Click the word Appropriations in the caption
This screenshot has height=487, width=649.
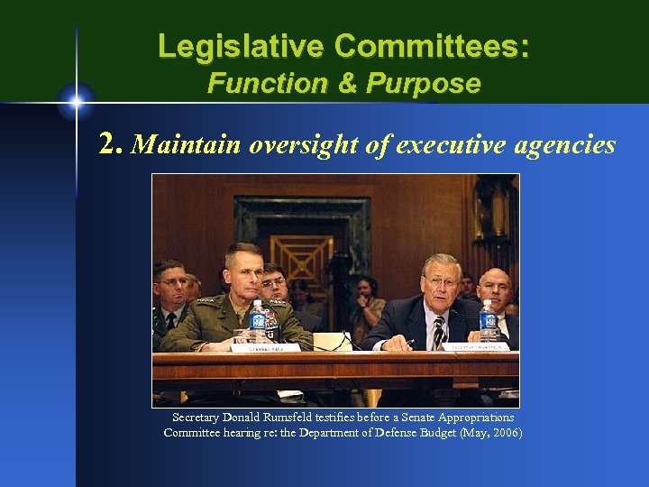(470, 418)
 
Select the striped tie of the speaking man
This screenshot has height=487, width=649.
(439, 332)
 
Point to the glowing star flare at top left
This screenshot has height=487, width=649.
(77, 100)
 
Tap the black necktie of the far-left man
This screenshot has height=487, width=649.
(170, 320)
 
